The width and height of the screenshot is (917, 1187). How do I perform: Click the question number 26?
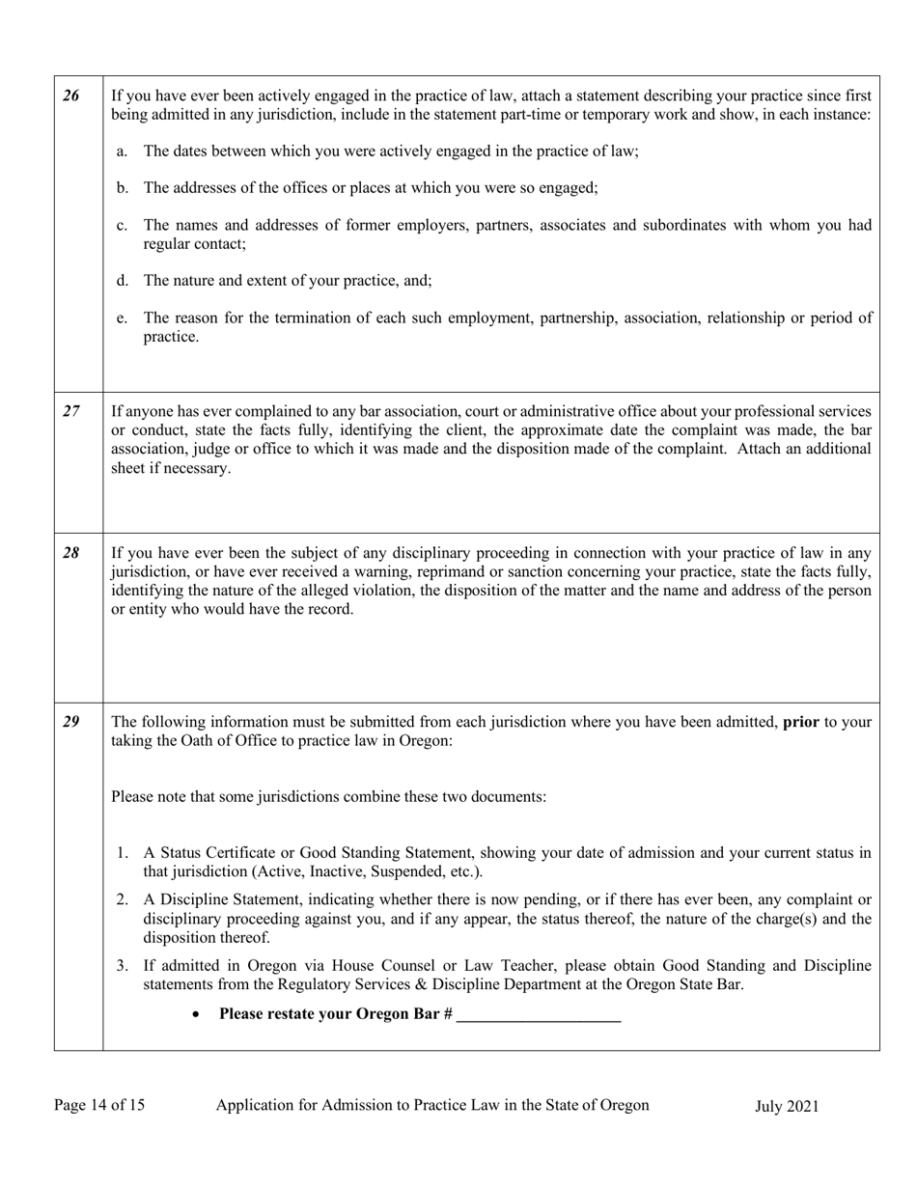71,96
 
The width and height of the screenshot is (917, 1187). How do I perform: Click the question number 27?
71,411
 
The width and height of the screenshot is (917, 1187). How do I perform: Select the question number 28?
71,553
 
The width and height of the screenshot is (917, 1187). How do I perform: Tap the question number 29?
71,722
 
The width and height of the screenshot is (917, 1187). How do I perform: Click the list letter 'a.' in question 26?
122,152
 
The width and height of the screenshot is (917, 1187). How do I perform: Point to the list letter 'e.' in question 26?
122,317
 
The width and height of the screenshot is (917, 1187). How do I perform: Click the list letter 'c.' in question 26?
122,225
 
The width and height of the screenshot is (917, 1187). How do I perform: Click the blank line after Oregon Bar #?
538,1014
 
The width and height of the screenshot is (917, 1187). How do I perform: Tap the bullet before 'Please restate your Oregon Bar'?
197,1015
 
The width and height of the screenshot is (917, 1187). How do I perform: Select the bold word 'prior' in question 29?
800,722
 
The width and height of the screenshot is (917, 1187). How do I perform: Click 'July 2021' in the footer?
787,1107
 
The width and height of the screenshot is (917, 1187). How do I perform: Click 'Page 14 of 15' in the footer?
99,1106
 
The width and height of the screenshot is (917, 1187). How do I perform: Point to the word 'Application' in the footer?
254,1106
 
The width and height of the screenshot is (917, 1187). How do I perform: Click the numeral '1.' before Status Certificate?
122,853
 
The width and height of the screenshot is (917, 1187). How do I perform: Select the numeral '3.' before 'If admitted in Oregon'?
122,965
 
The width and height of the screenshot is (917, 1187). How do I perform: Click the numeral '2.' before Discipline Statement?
122,899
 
